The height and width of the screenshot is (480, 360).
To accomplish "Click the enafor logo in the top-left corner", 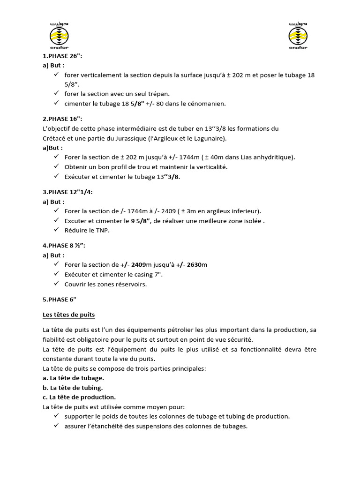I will pos(59,35).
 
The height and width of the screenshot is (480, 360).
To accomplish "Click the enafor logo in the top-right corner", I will pos(299,35).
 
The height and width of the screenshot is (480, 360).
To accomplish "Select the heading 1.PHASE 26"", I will pos(62,56).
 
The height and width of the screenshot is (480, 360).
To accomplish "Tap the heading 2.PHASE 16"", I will pos(62,119).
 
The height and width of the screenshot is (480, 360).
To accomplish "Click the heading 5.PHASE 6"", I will pos(59,300).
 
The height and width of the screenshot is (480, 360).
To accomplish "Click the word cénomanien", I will pos(206,104).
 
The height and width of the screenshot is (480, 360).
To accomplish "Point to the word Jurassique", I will pos(128,138).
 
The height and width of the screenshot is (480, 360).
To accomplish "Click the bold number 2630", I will pos(195,265).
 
